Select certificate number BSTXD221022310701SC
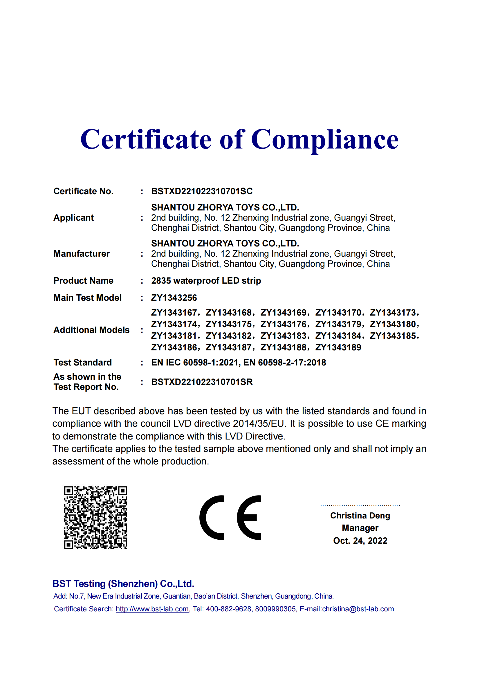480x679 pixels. [202, 191]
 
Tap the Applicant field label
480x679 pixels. [74, 218]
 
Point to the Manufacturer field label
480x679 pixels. [82, 254]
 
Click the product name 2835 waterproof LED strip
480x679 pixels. [206, 281]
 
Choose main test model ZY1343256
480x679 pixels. [174, 298]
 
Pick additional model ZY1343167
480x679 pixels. [174, 313]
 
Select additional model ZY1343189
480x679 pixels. [338, 347]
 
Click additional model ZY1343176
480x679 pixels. [284, 325]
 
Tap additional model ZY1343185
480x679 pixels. [393, 336]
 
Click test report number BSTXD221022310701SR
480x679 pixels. [202, 382]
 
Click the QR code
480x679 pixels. [95, 518]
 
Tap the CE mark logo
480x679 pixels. [230, 518]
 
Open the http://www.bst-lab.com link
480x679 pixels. [152, 609]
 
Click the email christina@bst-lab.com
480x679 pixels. [358, 609]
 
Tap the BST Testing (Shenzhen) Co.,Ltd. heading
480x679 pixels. [123, 584]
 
